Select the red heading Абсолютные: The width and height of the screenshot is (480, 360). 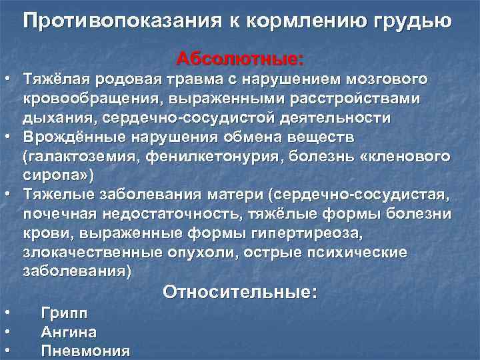(x=240, y=59)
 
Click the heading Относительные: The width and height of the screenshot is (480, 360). (x=240, y=292)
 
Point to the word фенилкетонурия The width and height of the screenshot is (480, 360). (x=200, y=157)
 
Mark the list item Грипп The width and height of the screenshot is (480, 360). (x=64, y=313)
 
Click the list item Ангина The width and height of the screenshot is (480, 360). (x=69, y=332)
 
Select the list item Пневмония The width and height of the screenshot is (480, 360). (x=85, y=351)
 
